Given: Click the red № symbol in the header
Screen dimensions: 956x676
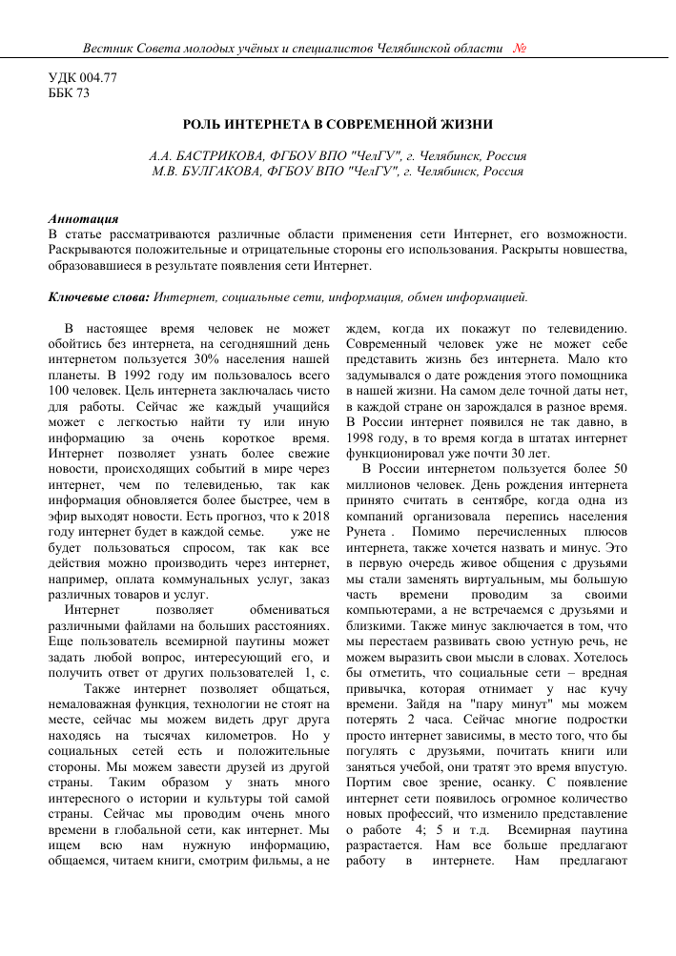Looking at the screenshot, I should coord(521,48).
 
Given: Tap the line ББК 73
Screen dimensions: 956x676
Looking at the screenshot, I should coord(69,93).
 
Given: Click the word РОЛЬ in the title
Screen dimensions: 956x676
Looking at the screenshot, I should coord(201,124).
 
